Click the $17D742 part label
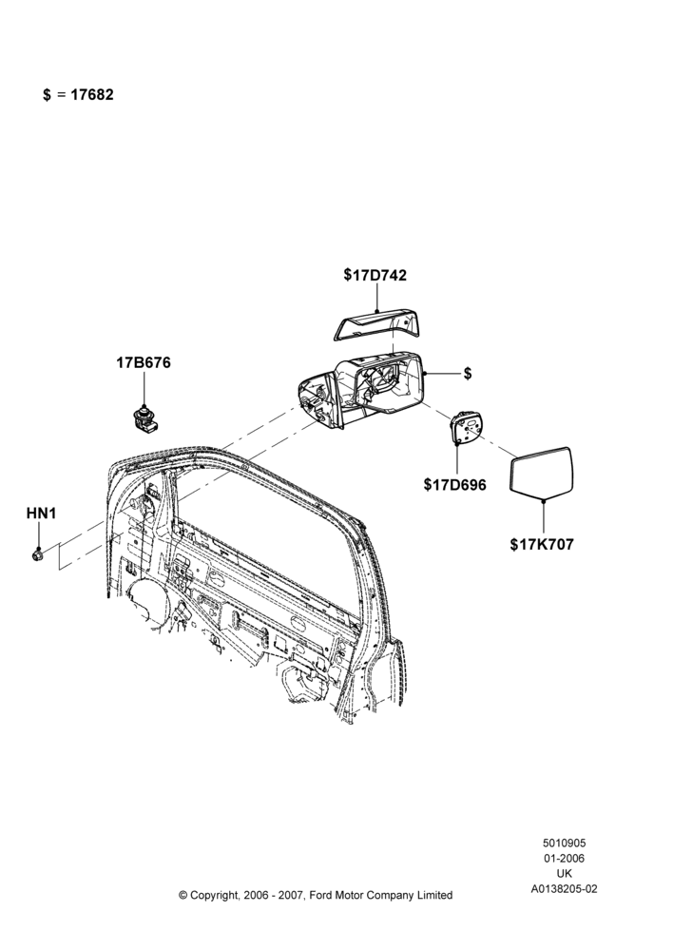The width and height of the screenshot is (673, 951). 375,275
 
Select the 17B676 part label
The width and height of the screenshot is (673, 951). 144,362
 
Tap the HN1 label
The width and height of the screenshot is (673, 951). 41,514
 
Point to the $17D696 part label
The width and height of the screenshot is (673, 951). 454,485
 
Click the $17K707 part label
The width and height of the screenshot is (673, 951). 542,544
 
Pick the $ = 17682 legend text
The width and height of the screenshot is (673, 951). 78,94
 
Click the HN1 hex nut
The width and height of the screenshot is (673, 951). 38,554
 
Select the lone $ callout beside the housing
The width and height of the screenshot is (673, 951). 468,374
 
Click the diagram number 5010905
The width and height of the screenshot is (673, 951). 564,843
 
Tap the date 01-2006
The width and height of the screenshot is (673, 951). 564,858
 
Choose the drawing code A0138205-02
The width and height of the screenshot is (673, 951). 564,889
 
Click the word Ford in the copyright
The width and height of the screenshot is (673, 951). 320,895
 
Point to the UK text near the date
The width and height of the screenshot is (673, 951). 564,874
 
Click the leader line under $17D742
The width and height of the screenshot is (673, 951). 376,298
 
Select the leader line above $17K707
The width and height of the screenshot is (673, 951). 544,516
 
